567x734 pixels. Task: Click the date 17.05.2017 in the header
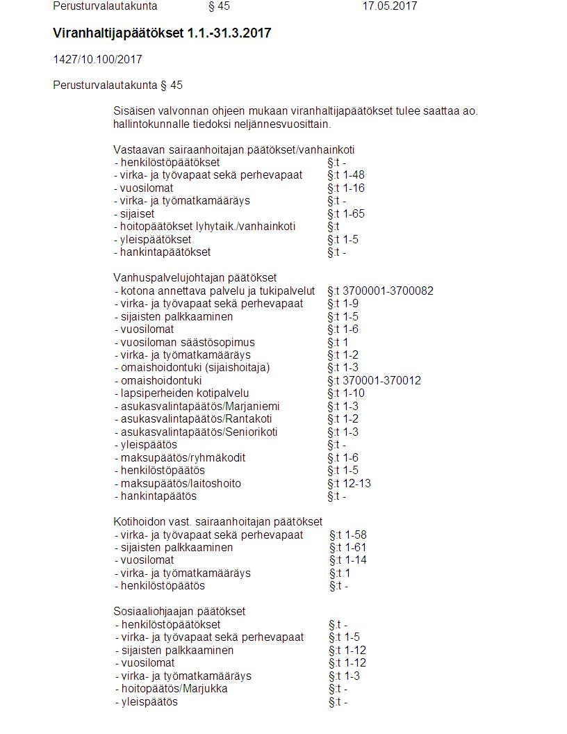point(389,6)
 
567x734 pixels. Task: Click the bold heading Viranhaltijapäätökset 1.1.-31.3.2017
point(161,33)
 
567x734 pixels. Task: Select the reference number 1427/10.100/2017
point(97,60)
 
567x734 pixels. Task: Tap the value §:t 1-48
point(346,175)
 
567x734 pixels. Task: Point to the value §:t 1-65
point(346,213)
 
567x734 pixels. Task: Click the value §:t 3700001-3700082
point(380,291)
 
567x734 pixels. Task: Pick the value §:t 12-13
point(350,484)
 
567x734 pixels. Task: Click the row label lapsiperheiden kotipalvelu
point(182,393)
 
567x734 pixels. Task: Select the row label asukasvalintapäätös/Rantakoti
point(193,419)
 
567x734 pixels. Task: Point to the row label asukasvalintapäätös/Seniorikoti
point(196,432)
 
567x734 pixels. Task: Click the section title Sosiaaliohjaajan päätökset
point(179,612)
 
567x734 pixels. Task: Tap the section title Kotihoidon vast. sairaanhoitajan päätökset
point(217,522)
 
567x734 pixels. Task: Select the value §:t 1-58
point(348,535)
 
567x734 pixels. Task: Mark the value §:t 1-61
point(348,548)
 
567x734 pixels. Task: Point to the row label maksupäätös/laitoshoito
point(181,484)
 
